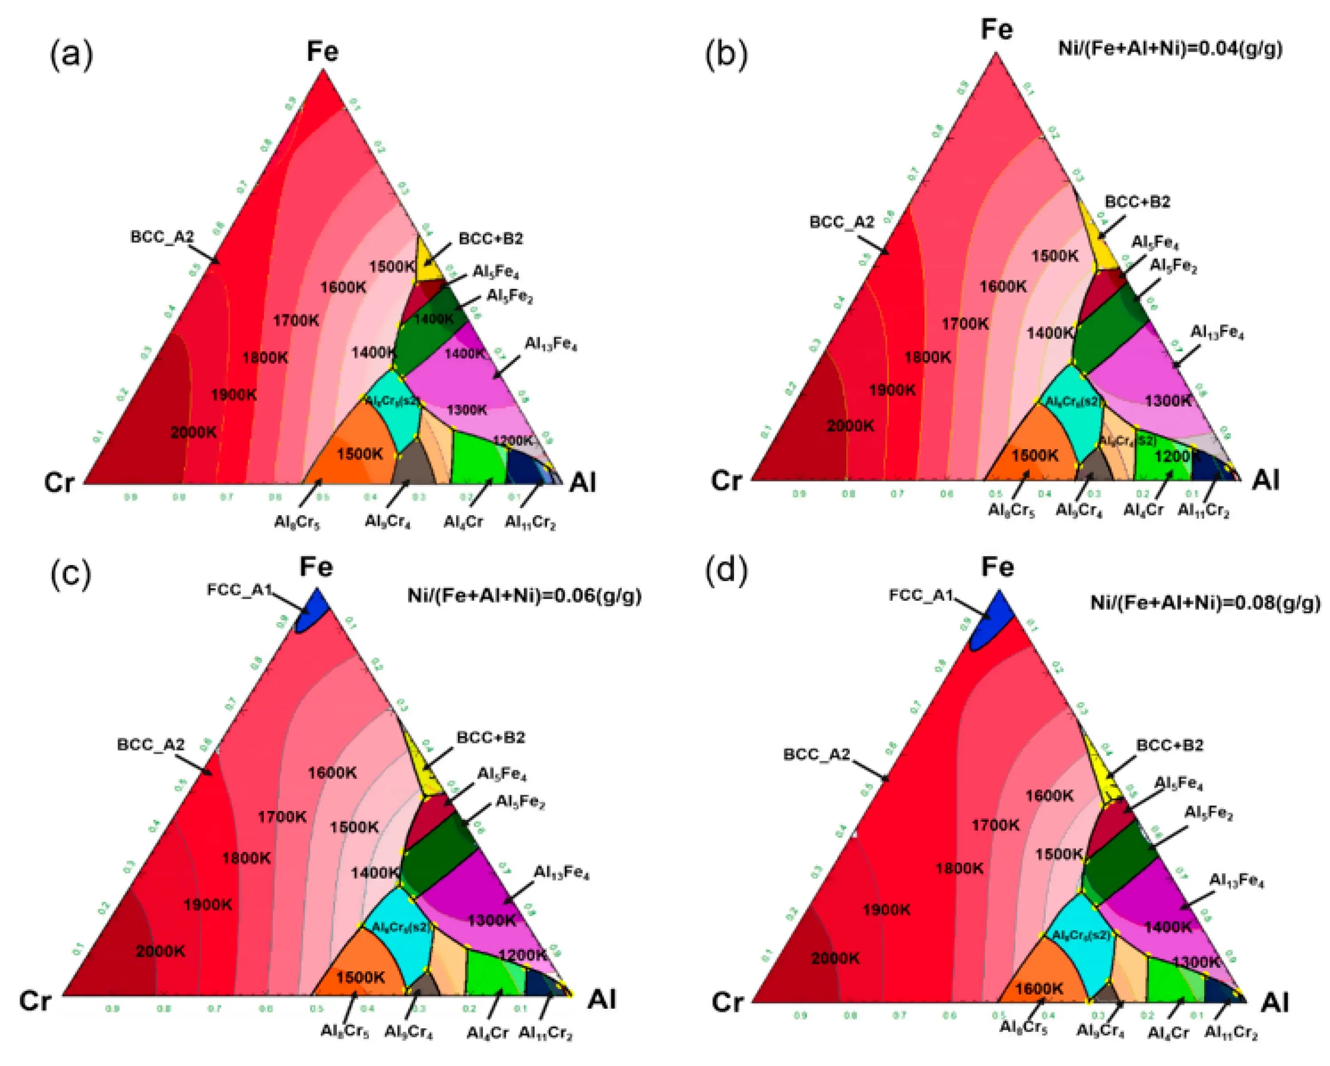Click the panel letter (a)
tap(71, 55)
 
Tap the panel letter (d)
tap(726, 570)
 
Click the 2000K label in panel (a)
tap(194, 432)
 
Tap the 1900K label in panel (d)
tap(887, 909)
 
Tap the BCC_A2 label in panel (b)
tap(841, 222)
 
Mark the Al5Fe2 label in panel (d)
tap(1208, 814)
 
